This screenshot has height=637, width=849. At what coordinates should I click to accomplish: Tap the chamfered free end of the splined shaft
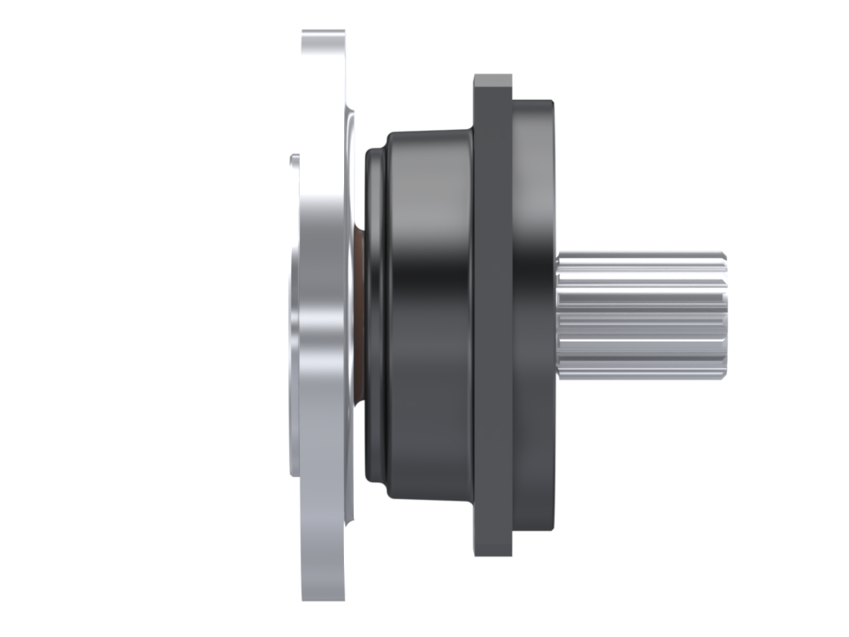[x=724, y=316]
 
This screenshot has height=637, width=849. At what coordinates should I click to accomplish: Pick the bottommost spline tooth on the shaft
[x=641, y=373]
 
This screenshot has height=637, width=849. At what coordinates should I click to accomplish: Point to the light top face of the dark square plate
[x=493, y=80]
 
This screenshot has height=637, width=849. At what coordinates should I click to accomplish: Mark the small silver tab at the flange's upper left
[x=294, y=160]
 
